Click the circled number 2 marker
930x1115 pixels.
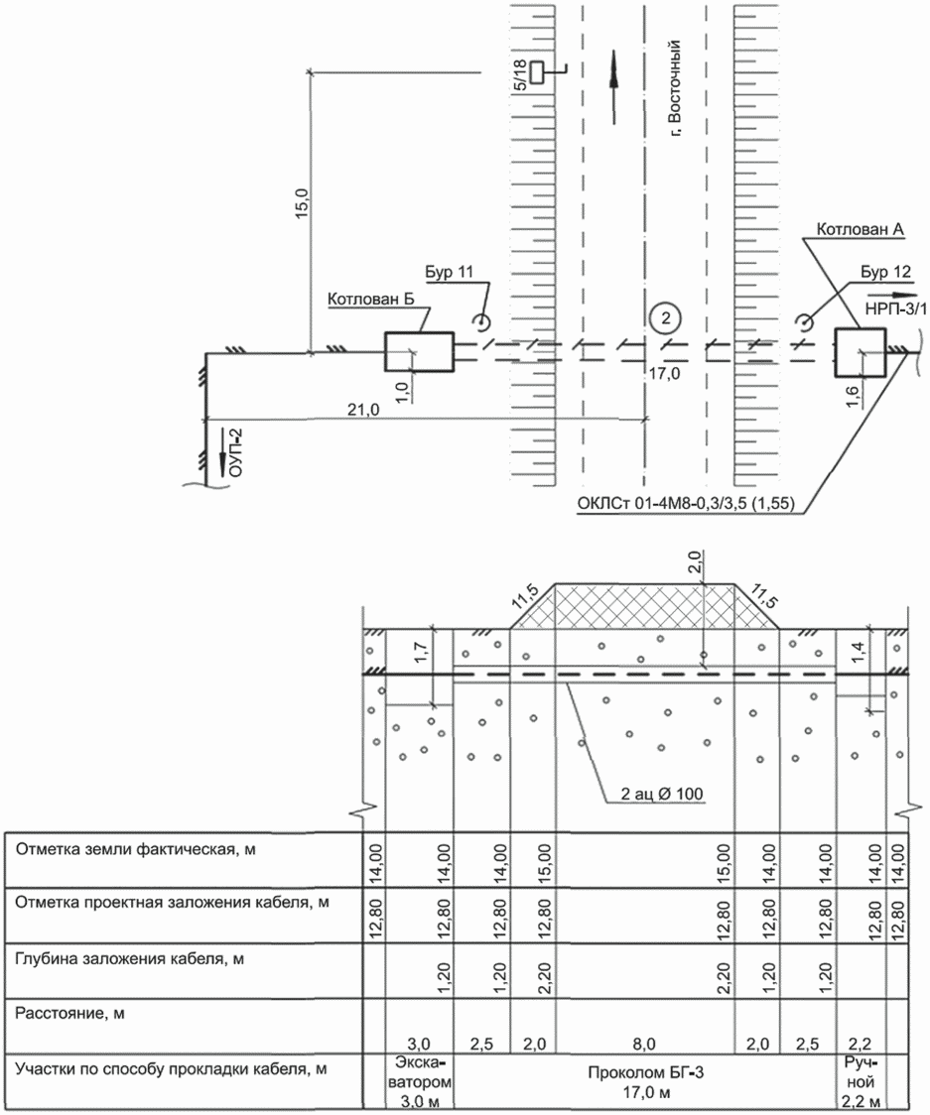click(665, 317)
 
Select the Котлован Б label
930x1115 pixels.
click(371, 300)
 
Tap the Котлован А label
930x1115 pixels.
click(860, 230)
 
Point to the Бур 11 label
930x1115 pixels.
click(449, 273)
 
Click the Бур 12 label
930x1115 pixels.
click(885, 272)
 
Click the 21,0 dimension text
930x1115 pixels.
click(363, 410)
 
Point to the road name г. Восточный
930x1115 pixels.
click(675, 88)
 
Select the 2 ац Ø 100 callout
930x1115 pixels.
click(662, 794)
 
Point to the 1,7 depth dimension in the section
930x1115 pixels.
click(420, 652)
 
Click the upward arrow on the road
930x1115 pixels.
click(613, 86)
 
